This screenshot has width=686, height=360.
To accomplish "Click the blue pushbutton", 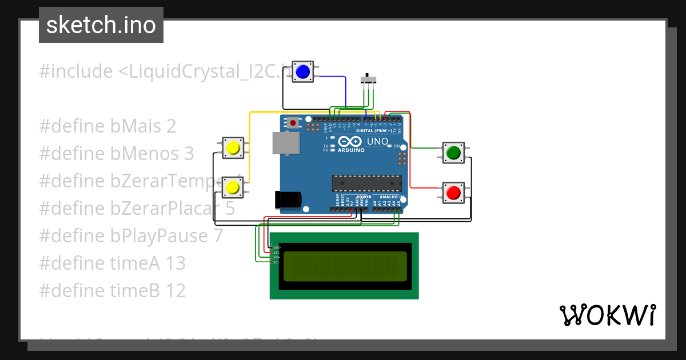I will click(x=302, y=71).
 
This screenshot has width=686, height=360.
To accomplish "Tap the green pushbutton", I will click(x=454, y=153).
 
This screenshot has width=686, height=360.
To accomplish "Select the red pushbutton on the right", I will click(x=454, y=193).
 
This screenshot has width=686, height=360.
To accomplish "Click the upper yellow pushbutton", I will click(x=233, y=148).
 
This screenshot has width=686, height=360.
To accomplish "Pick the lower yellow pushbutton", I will click(x=233, y=187).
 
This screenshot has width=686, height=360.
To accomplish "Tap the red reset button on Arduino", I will click(x=294, y=122).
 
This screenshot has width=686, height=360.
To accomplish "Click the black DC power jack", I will click(x=288, y=199).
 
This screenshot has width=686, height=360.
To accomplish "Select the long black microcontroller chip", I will click(x=366, y=183).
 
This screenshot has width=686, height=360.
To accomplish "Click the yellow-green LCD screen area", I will click(x=345, y=266).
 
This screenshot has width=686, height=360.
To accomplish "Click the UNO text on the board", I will click(x=377, y=141).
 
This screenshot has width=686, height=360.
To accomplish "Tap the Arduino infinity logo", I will click(x=351, y=142).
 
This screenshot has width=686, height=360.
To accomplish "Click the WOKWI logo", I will click(x=607, y=315).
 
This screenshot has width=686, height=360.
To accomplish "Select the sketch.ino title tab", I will click(x=101, y=25).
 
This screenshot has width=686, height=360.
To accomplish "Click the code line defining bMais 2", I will click(x=107, y=126).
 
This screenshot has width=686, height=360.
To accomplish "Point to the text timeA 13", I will click(x=113, y=263).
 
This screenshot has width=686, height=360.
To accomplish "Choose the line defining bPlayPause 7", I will click(x=131, y=236).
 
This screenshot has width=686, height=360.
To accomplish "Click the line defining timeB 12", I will click(x=113, y=291).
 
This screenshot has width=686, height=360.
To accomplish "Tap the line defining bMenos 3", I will click(x=117, y=154).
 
